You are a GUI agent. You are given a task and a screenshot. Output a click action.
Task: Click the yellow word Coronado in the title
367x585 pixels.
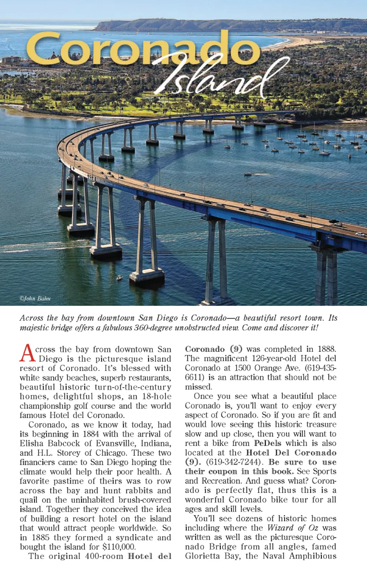coord(143,48)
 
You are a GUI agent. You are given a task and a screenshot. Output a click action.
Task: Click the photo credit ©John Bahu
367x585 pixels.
coord(35,298)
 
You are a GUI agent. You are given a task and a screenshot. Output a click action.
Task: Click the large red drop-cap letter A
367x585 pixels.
coord(27,353)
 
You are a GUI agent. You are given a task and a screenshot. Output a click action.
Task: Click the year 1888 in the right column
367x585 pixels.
coord(326,349)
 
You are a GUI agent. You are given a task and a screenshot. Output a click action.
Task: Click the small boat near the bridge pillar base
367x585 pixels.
coord(119,278)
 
